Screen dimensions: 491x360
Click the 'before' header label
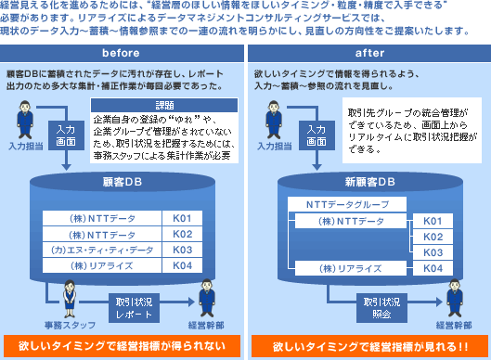coord(121,53)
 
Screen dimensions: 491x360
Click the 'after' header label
coord(369,53)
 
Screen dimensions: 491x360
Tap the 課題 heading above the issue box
coord(164,105)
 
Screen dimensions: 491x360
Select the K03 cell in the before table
coord(182,250)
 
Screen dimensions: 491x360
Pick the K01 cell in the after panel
coord(433,221)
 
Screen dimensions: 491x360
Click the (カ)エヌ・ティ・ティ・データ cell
coord(102,250)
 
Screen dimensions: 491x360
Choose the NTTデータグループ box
coord(347,204)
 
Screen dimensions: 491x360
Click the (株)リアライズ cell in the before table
coord(102,265)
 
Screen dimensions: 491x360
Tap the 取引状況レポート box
coord(134,308)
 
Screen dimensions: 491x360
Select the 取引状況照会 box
coord(381,308)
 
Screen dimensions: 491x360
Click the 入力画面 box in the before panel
coord(66,135)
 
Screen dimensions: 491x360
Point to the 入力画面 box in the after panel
coord(317,135)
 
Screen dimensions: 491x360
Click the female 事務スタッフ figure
coord(70,299)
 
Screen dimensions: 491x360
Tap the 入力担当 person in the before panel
coord(25,120)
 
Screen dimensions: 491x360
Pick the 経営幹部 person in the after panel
coord(455,299)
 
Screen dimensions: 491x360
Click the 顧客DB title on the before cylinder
coord(123,182)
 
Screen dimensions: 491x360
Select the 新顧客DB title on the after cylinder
coord(370,182)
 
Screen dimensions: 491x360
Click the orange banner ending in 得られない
coord(123,346)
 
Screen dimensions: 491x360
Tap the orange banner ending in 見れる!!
coord(369,346)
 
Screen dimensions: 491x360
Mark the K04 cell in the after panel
coord(433,268)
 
